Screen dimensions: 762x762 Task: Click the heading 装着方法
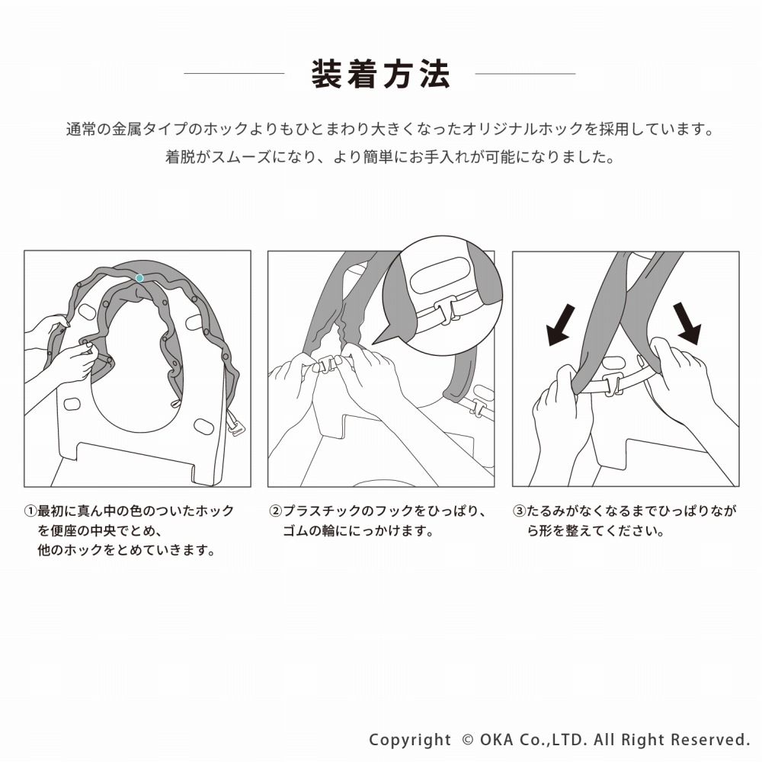(x=380, y=75)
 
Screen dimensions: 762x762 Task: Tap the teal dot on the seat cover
(x=139, y=278)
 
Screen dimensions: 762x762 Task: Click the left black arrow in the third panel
(x=562, y=325)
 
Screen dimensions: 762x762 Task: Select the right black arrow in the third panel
(x=687, y=322)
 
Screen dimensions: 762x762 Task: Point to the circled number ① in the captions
(x=30, y=511)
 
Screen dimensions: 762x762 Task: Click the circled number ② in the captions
(x=276, y=511)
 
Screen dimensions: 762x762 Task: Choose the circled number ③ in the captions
(x=520, y=511)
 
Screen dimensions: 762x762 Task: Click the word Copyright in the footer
(x=410, y=740)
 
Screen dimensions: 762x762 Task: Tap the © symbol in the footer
(x=468, y=740)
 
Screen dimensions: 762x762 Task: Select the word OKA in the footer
(x=497, y=740)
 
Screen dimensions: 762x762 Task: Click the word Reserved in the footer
(x=709, y=740)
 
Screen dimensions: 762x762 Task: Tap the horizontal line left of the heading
(x=234, y=74)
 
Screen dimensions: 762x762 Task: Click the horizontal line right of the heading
(x=525, y=74)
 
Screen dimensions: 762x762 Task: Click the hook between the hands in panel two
(x=325, y=364)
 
